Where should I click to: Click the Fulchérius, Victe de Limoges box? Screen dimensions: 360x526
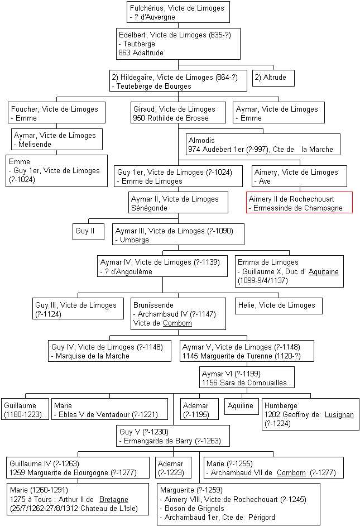coord(178,12)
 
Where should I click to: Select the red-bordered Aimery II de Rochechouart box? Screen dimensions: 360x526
coord(299,202)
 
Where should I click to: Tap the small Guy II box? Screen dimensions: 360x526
coord(89,232)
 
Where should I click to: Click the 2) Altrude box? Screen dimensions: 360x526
coord(273,78)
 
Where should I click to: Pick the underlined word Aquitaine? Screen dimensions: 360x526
coord(324,272)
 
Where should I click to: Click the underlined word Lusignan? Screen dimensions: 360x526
coord(339,415)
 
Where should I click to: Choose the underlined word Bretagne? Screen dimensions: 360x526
coord(114,500)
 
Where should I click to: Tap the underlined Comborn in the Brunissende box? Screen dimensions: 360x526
coord(177,323)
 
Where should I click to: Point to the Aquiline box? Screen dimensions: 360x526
coord(241,407)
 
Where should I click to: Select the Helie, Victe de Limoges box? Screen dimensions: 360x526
coord(279,306)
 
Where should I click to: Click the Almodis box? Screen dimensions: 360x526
coord(263,144)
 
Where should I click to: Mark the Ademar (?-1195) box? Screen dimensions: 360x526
coord(199,409)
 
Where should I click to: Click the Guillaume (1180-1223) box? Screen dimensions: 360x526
coord(25,409)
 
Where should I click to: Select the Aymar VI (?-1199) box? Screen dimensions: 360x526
coord(247,377)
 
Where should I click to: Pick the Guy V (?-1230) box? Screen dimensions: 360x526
coord(173,436)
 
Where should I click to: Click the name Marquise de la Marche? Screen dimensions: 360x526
coord(93,356)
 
